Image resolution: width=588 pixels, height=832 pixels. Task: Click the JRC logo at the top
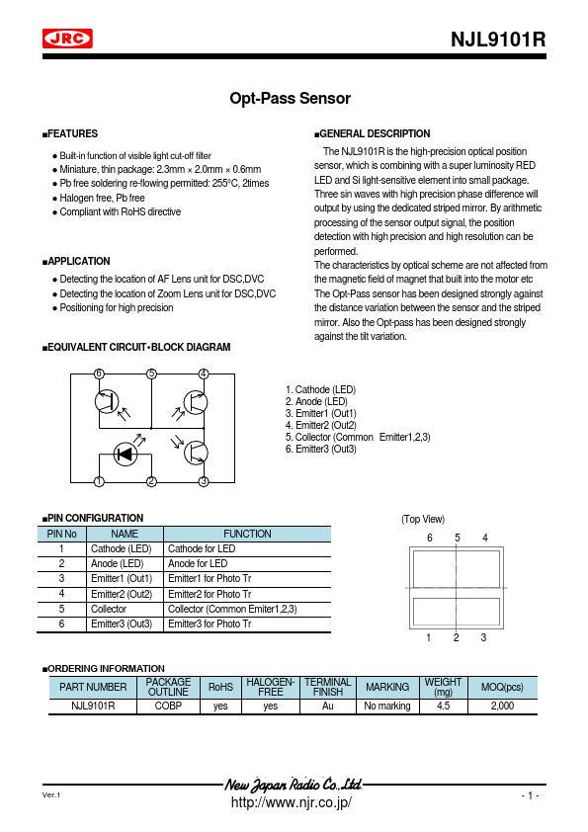coord(67,40)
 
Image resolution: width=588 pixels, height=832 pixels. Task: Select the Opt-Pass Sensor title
coord(291,99)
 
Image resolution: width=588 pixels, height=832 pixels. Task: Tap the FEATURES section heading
coord(72,133)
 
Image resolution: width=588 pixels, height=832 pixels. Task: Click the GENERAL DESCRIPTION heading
coord(374,133)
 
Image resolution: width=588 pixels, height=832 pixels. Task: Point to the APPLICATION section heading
coord(78,261)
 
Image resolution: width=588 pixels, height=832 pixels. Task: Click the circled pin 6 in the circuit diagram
coord(99,374)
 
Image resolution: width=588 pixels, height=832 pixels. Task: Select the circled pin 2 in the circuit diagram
coord(151,481)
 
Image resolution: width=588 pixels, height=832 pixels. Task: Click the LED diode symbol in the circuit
coord(125,455)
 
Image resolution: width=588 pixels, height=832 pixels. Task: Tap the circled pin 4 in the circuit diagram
coord(204,374)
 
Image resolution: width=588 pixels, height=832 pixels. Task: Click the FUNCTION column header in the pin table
coord(247,534)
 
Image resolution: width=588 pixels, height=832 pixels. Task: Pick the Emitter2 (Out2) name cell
coord(122,594)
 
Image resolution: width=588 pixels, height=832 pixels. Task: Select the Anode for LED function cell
coord(198,563)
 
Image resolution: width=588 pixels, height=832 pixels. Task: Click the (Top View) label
coord(423,519)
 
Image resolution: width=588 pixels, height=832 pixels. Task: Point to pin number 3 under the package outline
coord(483,637)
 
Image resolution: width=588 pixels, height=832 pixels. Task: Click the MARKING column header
coord(386,687)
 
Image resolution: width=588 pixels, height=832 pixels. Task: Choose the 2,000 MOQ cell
coord(501,707)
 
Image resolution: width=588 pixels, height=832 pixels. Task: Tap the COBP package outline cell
coord(168,707)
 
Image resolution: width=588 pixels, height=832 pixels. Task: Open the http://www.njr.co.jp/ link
coord(291,802)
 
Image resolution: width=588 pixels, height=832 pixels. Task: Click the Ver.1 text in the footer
coord(51,795)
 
